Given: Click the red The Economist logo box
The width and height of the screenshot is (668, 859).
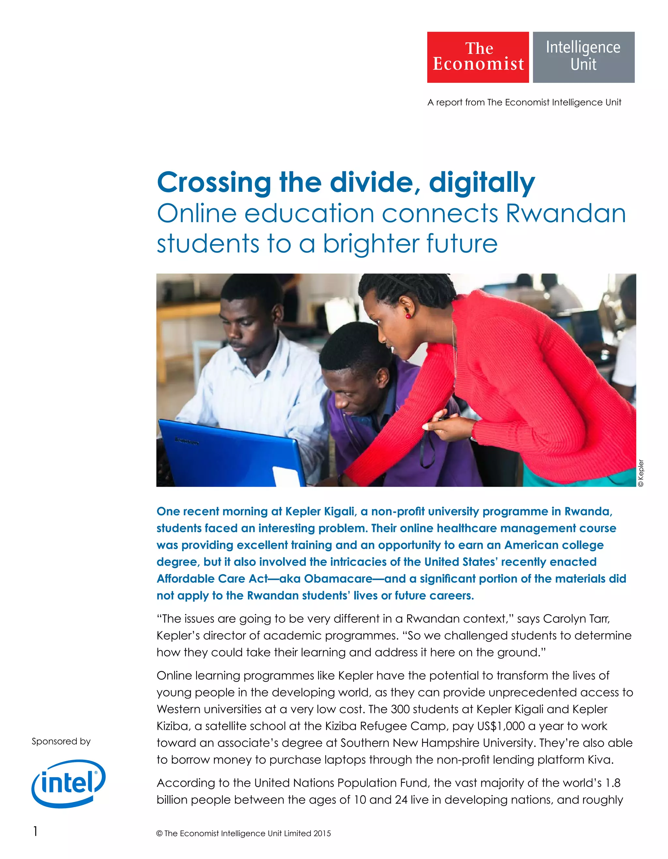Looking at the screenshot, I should click(x=478, y=57).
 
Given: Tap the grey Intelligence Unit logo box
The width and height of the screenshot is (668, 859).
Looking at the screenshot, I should click(x=584, y=57).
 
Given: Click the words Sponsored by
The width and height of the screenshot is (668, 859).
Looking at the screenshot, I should click(x=61, y=742).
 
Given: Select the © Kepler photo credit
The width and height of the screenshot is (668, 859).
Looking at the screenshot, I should click(x=641, y=473).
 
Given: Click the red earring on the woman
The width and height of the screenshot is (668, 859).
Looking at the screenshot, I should click(x=408, y=315).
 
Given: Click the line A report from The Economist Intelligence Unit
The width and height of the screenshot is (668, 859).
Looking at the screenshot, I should click(x=524, y=102).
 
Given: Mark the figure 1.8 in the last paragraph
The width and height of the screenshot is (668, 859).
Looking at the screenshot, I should click(x=613, y=783).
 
